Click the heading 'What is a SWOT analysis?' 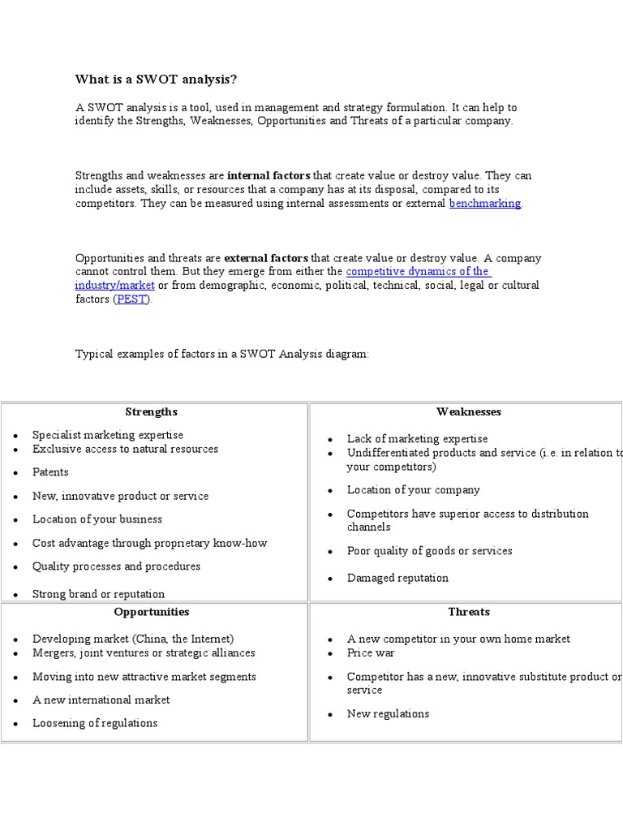point(157,79)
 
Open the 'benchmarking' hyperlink point(485,204)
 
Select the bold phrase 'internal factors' point(269,175)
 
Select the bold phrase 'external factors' point(266,258)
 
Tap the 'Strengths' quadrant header point(151,411)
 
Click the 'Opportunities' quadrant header point(151,612)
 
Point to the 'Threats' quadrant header point(468,612)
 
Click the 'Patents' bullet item point(50,472)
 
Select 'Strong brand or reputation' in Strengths point(98,594)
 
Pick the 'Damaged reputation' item point(397,578)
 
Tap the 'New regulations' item point(388,714)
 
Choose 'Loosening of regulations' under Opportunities point(95,723)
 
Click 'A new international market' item point(101,700)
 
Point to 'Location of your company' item point(413,490)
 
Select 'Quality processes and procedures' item point(116,566)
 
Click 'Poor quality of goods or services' point(429,551)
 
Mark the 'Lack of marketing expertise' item point(417,439)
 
